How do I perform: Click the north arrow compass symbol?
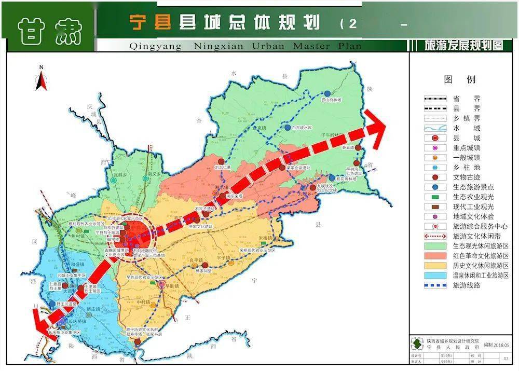[x=41, y=79]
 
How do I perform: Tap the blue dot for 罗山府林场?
[x=327, y=93]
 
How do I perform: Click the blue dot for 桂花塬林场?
[x=332, y=178]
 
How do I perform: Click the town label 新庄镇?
[x=94, y=309]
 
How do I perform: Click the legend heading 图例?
[x=459, y=79]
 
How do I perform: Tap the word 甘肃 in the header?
[x=50, y=30]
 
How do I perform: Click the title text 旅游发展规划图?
[x=463, y=45]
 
